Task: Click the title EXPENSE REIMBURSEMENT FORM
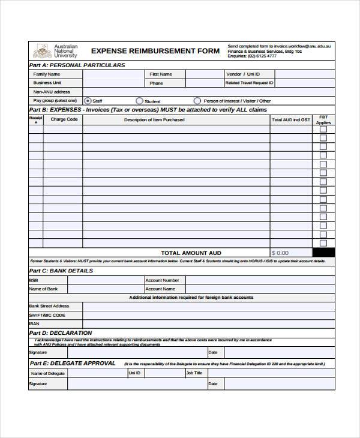click(155, 51)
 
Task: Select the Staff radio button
click(88, 101)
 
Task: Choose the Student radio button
click(139, 101)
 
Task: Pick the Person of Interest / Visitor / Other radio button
click(197, 101)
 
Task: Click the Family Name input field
click(113, 74)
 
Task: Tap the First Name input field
click(204, 74)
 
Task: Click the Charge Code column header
click(64, 120)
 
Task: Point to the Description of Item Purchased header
click(154, 120)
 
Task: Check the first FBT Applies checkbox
click(323, 129)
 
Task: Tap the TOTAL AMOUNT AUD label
click(191, 253)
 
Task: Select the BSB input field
click(104, 280)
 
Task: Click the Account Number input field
click(259, 280)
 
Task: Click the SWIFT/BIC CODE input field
click(208, 315)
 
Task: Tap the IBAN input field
click(208, 324)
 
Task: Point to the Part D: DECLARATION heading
click(61, 332)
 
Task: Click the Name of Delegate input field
click(95, 373)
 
